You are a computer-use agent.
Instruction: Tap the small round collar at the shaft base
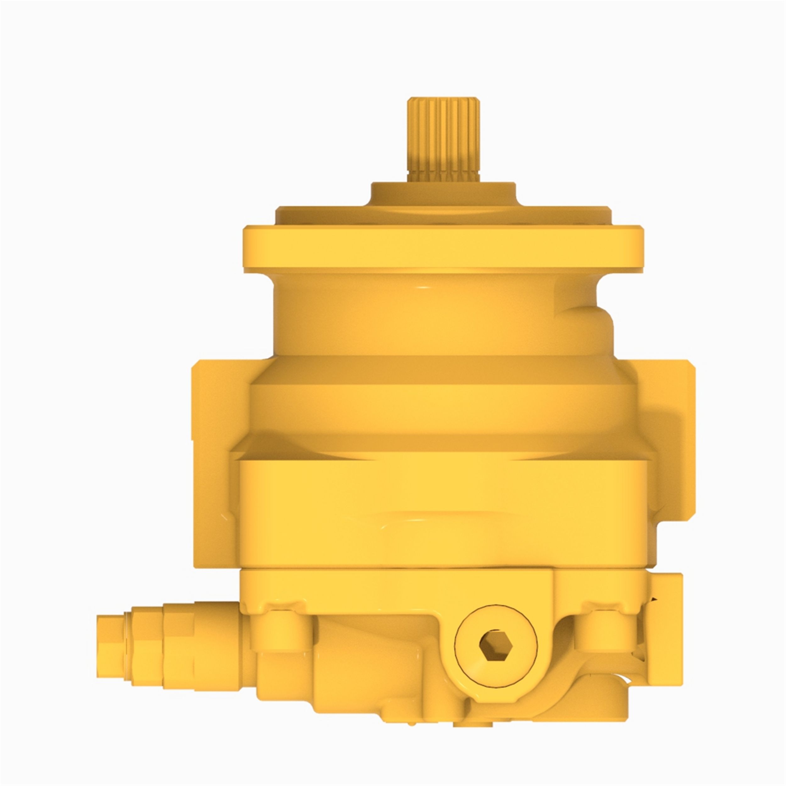(443, 194)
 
